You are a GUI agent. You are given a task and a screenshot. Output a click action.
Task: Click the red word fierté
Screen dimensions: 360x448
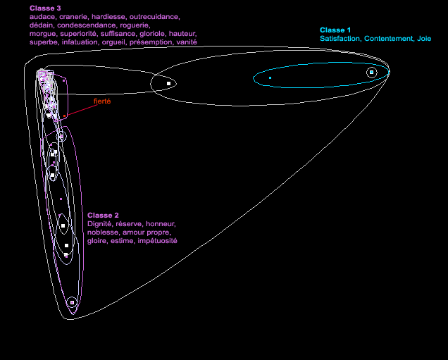[103, 101]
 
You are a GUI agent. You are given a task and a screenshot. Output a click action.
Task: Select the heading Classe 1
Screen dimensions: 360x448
[335, 30]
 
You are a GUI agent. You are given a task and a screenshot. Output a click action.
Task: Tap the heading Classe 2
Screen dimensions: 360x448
[103, 215]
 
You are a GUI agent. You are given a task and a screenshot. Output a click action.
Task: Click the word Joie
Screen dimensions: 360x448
[423, 39]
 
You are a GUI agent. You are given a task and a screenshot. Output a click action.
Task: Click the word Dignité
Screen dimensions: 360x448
[99, 224]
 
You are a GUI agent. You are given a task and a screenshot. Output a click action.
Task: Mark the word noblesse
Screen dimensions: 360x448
[103, 232]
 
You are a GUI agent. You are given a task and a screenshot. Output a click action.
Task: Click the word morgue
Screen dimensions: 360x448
[42, 34]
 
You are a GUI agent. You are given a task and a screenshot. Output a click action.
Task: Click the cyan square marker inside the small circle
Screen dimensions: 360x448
[371, 73]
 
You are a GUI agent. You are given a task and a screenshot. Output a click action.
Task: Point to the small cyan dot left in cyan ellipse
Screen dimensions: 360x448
[270, 77]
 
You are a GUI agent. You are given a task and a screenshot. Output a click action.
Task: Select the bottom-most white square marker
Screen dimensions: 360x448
[72, 302]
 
